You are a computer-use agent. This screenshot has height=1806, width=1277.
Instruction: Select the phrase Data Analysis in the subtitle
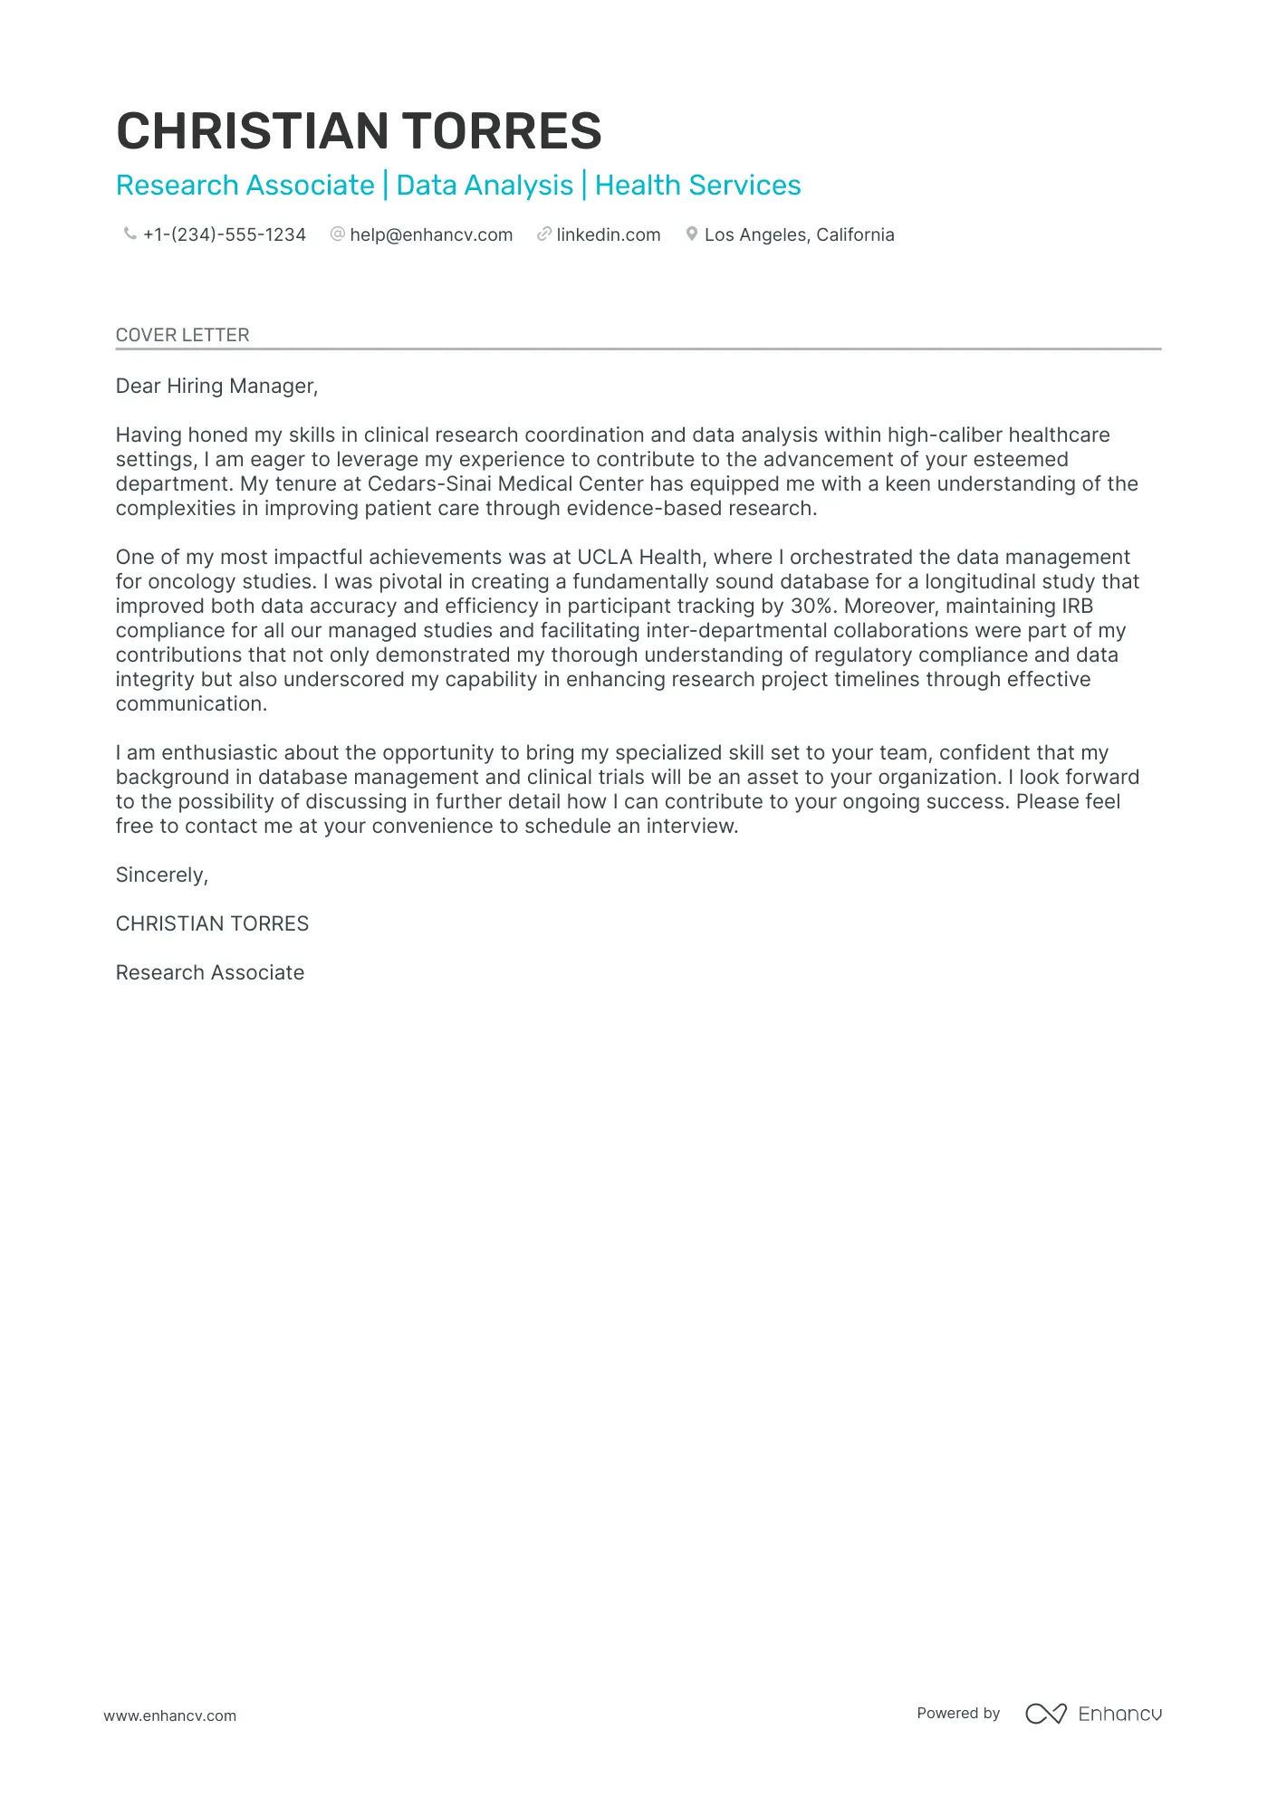tap(485, 186)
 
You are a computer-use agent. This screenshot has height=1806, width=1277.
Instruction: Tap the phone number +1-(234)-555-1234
tap(225, 235)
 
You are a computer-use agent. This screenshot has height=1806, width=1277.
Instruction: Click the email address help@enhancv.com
tap(431, 235)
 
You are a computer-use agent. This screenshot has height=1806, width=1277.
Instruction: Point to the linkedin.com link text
tap(608, 235)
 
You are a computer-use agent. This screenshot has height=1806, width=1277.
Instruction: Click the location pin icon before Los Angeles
tap(691, 234)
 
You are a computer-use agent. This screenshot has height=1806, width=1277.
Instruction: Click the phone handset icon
tap(130, 234)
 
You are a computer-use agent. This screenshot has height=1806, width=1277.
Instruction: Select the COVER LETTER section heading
tap(182, 335)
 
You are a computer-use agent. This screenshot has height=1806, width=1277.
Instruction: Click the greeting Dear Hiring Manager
tap(216, 387)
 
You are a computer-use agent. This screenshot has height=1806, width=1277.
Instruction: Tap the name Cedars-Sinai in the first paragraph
tap(428, 484)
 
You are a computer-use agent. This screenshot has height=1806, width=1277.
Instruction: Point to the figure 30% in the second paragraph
tap(811, 607)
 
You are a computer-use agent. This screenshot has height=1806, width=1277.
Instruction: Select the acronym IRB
tap(1077, 607)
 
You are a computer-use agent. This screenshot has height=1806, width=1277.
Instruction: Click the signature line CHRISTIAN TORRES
tap(212, 924)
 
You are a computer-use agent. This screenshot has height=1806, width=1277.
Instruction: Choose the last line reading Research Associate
tap(210, 973)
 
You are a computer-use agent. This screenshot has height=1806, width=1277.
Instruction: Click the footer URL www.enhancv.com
tap(169, 1715)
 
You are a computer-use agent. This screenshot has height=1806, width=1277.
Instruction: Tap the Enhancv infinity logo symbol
tap(1046, 1714)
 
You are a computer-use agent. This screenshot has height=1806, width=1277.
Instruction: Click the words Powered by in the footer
tap(957, 1713)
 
